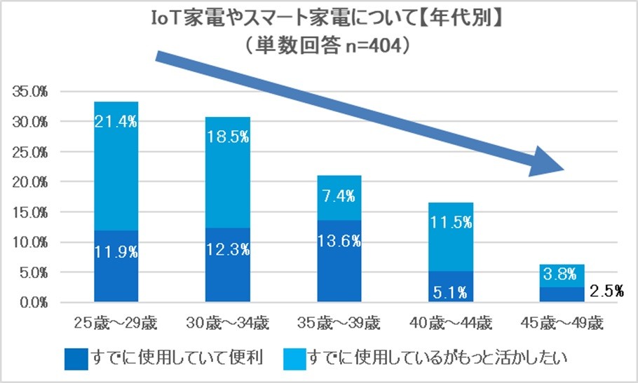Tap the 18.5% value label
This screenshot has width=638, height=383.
pos(227,137)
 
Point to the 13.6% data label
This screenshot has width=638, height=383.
pos(339,241)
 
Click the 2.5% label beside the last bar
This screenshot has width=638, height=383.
pos(605,291)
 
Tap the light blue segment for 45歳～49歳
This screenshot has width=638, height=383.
pos(562,274)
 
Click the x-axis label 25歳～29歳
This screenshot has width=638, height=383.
pos(116,323)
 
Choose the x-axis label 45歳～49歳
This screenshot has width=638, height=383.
pos(562,323)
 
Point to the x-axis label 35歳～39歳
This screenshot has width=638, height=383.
pos(339,323)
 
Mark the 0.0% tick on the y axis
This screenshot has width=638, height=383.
pos(31,303)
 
